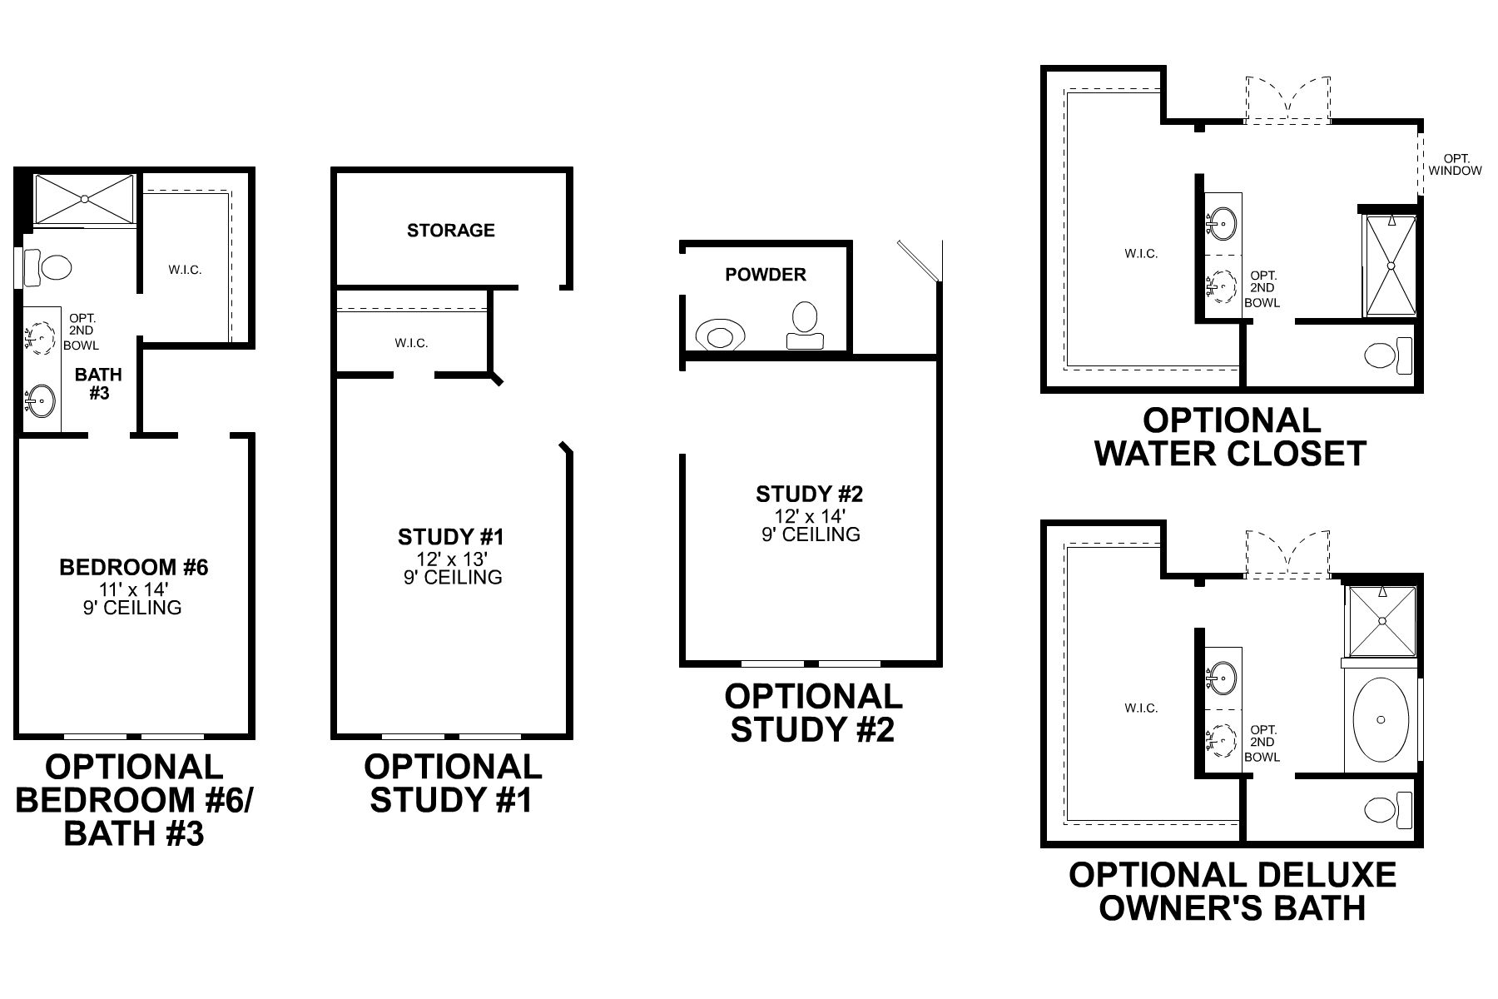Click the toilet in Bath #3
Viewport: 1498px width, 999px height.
(50, 267)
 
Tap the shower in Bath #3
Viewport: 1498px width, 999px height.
(84, 199)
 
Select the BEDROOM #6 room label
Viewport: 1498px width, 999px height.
(134, 568)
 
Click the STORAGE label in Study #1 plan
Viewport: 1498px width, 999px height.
(450, 231)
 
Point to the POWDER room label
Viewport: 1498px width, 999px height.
(765, 275)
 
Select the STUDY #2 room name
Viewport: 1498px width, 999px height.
(809, 495)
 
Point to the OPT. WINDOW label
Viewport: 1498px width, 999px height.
(1456, 165)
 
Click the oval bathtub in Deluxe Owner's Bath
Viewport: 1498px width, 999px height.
(1381, 720)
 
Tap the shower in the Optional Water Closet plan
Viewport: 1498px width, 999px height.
(1389, 266)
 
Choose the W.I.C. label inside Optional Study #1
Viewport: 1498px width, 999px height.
(411, 343)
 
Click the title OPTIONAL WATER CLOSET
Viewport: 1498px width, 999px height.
(1231, 437)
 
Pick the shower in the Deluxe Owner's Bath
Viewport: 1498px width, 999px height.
(1381, 620)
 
